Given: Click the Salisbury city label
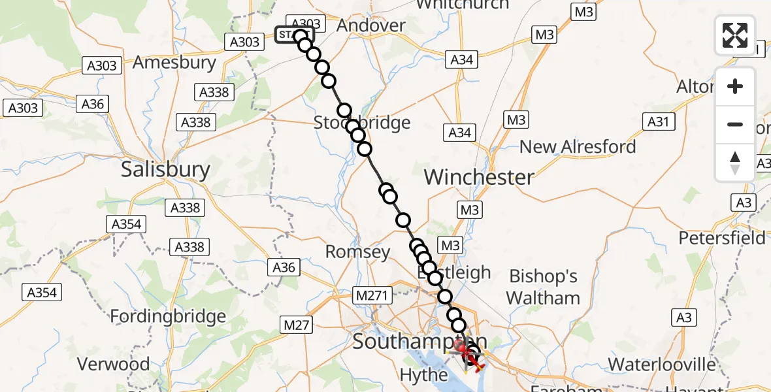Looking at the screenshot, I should coord(166,170).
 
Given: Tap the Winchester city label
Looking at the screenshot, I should coord(479,176).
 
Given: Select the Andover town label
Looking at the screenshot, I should coord(370,25).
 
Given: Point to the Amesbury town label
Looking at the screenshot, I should coord(174,63).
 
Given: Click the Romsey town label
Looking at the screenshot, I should coord(357,252).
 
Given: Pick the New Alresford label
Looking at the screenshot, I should coord(578,146).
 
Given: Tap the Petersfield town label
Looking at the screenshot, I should coord(721,238).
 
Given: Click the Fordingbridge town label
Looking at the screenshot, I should coord(168,317).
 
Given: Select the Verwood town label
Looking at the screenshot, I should coord(114,363).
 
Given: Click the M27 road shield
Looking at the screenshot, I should coord(297,324).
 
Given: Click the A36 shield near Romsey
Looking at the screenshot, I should coord(284,267).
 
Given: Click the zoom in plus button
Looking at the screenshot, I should coord(735,86).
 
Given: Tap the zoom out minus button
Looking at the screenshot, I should coord(735,124).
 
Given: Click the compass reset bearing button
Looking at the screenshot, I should coord(735,162).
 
